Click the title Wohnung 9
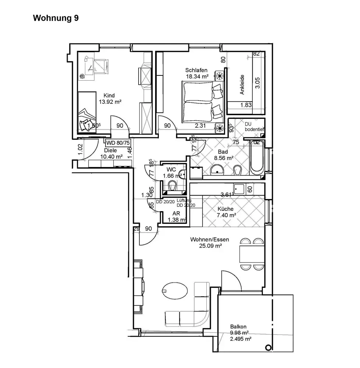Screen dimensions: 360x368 (56, 18)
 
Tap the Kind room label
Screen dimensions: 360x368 (109, 96)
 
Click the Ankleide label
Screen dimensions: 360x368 (242, 85)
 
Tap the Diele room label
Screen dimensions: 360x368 (110, 150)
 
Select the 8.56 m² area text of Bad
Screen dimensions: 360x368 (224, 158)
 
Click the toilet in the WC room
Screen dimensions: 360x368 (172, 188)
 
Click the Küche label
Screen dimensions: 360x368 (225, 209)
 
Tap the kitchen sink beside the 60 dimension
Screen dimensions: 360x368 (240, 189)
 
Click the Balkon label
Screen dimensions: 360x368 (238, 326)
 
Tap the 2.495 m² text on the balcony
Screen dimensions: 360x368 (240, 339)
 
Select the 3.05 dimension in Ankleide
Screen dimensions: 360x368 (258, 82)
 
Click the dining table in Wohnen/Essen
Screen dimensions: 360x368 (252, 254)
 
